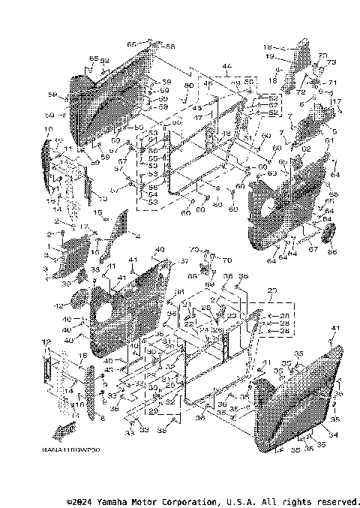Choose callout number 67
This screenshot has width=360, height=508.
pyautogui.click(x=313, y=248)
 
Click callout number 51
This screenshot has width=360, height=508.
pyautogui.click(x=247, y=137)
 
